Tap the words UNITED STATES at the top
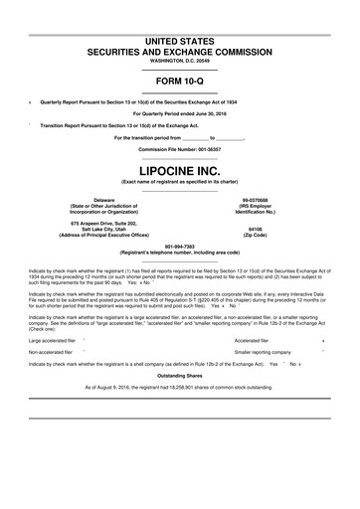tap(180, 39)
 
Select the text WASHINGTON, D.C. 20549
tap(180, 61)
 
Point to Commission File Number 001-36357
tap(179, 148)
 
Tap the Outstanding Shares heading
tap(180, 375)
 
